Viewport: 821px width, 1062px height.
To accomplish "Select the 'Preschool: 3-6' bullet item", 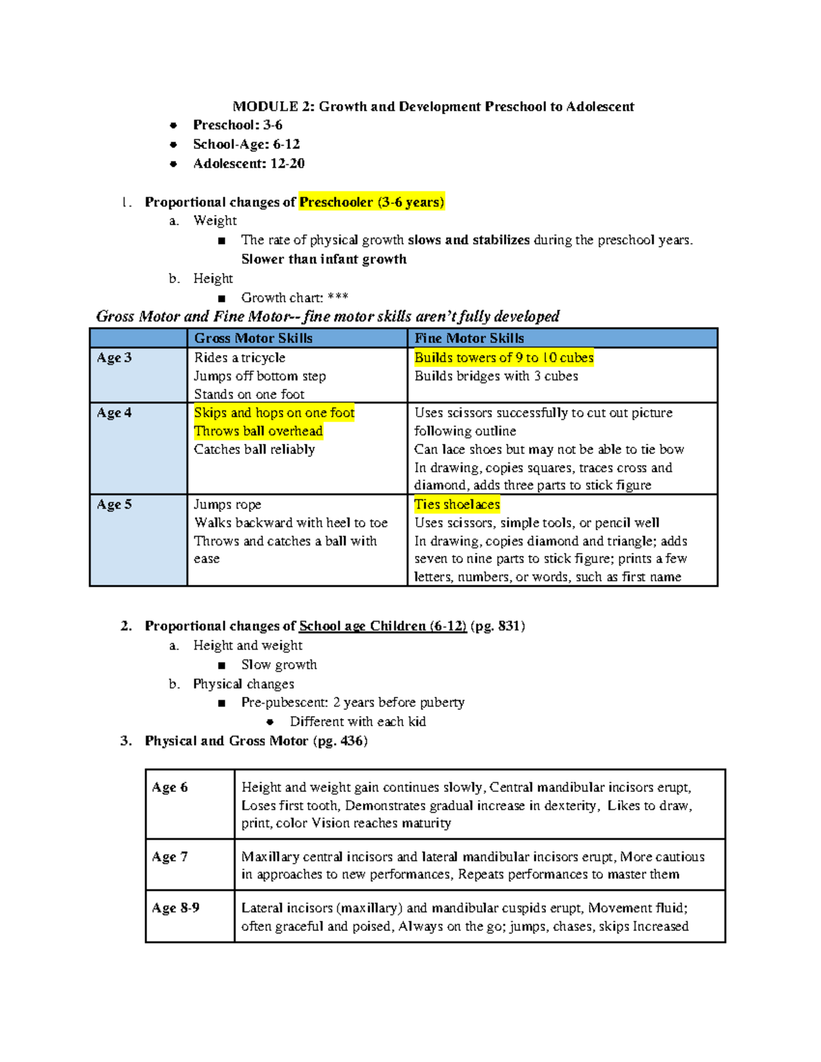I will tap(237, 125).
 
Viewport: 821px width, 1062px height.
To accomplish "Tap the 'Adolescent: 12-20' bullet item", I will tap(248, 163).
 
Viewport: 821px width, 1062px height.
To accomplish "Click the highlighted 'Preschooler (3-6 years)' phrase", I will tap(372, 202).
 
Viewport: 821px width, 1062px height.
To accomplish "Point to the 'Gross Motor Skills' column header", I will tap(253, 338).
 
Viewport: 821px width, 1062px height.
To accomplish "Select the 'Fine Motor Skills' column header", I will tap(469, 338).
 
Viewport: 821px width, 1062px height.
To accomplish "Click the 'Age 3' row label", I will tap(114, 358).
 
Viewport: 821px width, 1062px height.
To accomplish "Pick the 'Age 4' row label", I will tap(114, 413).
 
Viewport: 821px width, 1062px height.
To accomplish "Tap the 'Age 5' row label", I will tap(114, 505).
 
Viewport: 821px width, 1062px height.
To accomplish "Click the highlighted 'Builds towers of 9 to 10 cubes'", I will tap(504, 358).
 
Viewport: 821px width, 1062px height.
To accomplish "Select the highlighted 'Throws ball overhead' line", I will tap(258, 431).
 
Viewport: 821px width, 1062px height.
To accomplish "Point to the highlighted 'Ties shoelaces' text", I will tap(457, 505).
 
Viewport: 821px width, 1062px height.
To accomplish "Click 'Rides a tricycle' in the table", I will tap(239, 358).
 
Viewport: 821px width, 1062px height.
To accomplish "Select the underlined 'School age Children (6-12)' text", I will tap(382, 626).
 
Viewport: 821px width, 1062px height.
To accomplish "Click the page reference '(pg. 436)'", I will tap(340, 741).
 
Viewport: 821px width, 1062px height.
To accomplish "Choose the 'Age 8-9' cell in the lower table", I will tap(176, 908).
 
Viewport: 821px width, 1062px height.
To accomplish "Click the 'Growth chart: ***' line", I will tap(294, 297).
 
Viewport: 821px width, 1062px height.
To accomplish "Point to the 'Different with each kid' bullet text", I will tap(358, 721).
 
